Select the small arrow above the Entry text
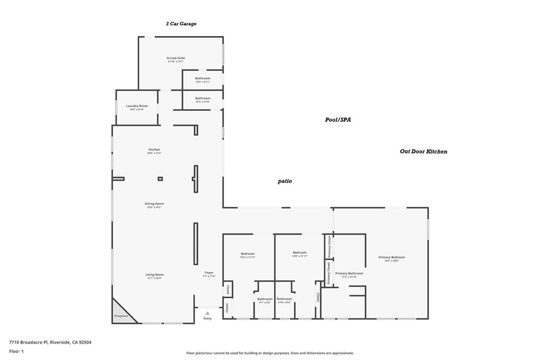[207, 313]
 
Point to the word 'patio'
[285, 181]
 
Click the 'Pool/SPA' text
[337, 120]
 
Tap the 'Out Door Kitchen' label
[423, 152]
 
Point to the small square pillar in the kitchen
[160, 179]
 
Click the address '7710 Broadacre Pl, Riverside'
[50, 342]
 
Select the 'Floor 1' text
[17, 351]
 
